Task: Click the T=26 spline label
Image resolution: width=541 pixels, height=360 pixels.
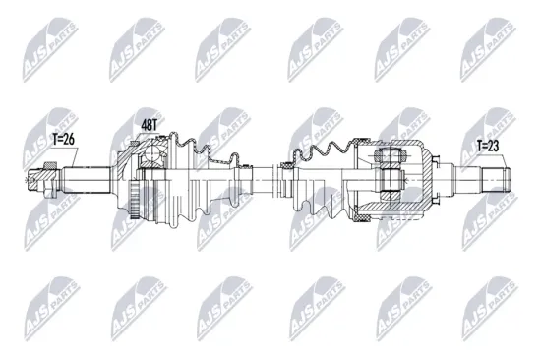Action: [x=60, y=139]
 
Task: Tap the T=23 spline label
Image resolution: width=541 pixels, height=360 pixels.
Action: [x=489, y=148]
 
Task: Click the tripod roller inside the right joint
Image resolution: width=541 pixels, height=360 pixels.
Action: [x=388, y=178]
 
